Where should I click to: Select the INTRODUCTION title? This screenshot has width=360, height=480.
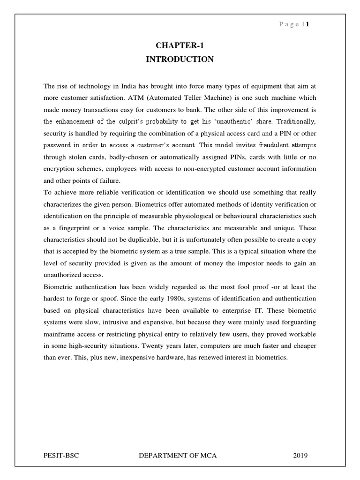180,59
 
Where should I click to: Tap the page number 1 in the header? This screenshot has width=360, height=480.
307,25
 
